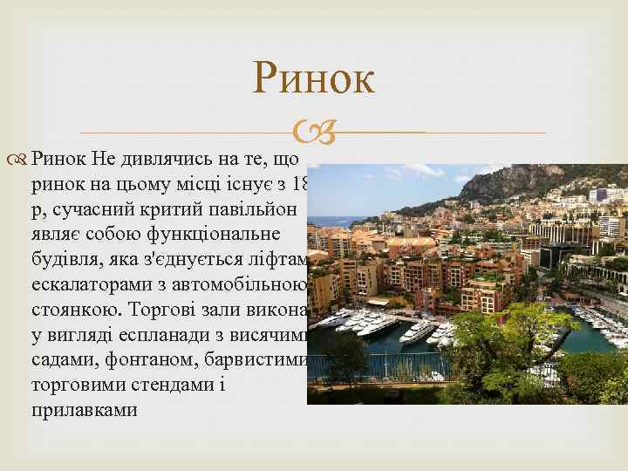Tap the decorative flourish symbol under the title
point(314,133)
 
